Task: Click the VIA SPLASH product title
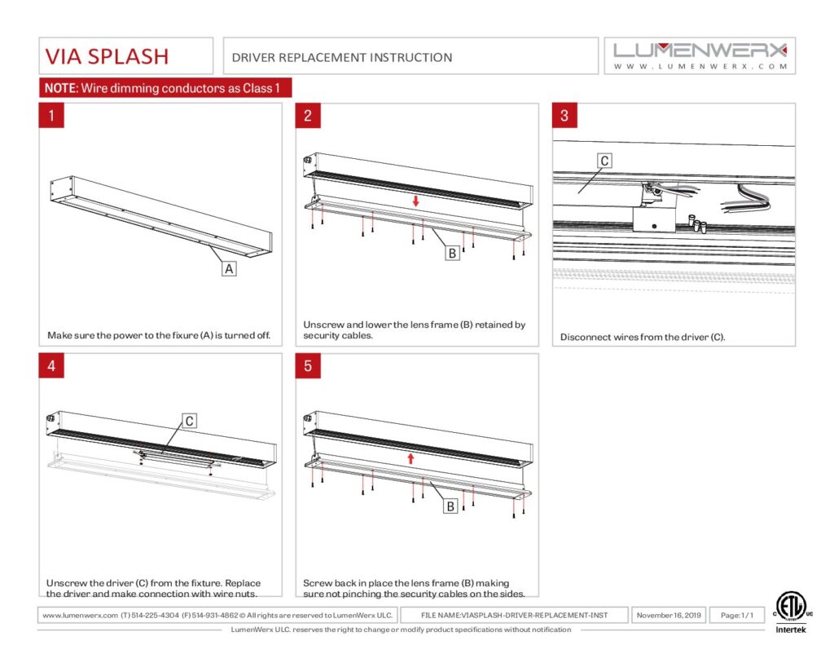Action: coord(107,55)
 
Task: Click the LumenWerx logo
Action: coord(700,55)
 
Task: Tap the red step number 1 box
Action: coord(51,115)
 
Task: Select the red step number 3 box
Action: coord(564,115)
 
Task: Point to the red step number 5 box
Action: coord(308,366)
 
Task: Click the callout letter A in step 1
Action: coord(229,267)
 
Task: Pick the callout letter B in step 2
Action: coord(451,253)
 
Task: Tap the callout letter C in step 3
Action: coord(604,161)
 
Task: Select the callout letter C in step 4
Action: coord(188,421)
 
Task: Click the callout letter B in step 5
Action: coord(449,506)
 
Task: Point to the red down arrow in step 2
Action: coord(415,201)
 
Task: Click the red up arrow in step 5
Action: coord(411,458)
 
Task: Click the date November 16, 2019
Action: coord(669,615)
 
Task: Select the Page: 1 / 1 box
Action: coord(737,615)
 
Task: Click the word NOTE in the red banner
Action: coord(59,88)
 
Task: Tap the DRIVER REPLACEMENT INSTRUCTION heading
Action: coord(342,57)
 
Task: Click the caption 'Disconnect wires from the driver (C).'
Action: coord(643,337)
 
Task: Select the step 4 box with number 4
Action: coord(51,366)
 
